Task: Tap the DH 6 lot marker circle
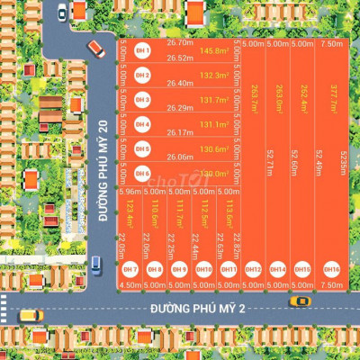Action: tap(142, 173)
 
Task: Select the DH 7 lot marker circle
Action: tap(130, 269)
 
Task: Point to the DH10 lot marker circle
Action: tap(204, 269)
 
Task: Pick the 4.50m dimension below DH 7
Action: tap(130, 284)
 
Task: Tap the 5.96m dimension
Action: tap(130, 192)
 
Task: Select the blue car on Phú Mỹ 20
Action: tap(95, 264)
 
